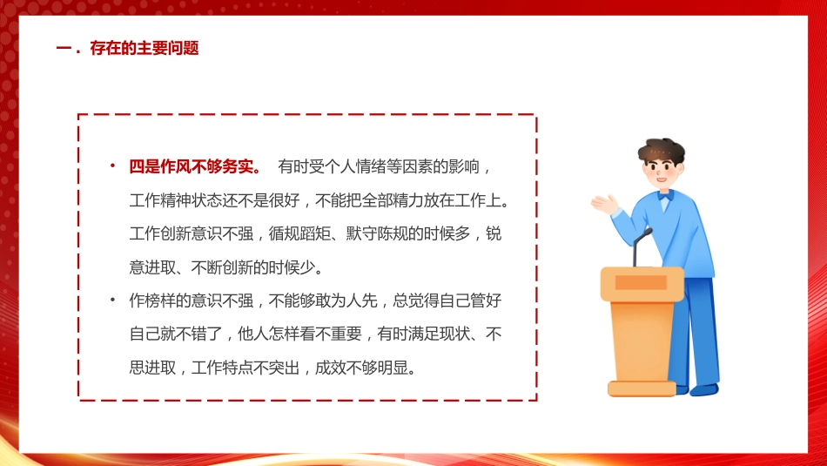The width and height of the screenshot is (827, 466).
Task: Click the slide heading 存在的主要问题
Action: click(145, 49)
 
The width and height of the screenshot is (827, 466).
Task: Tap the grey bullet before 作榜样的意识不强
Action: click(112, 301)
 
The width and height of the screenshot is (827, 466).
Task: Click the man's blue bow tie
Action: click(664, 197)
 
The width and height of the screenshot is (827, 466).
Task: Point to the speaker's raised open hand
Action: click(603, 205)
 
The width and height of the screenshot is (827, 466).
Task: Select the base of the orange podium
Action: click(642, 388)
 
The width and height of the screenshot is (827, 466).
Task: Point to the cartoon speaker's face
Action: click(662, 173)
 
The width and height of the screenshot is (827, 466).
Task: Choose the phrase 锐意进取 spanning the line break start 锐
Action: click(494, 233)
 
